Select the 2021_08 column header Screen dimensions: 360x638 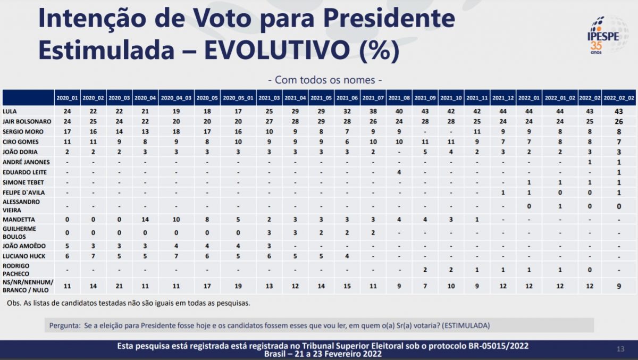(399, 98)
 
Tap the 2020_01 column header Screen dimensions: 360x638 (67, 98)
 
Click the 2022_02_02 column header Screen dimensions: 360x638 (619, 98)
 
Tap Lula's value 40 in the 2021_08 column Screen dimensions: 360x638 (399, 112)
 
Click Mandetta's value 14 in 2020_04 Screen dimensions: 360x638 (145, 220)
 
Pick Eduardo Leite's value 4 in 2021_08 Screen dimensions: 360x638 (399, 172)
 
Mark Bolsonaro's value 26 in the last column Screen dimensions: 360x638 (619, 121)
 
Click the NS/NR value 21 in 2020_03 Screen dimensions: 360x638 (119, 286)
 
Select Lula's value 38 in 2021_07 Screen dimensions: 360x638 (373, 112)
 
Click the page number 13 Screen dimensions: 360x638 (620, 349)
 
